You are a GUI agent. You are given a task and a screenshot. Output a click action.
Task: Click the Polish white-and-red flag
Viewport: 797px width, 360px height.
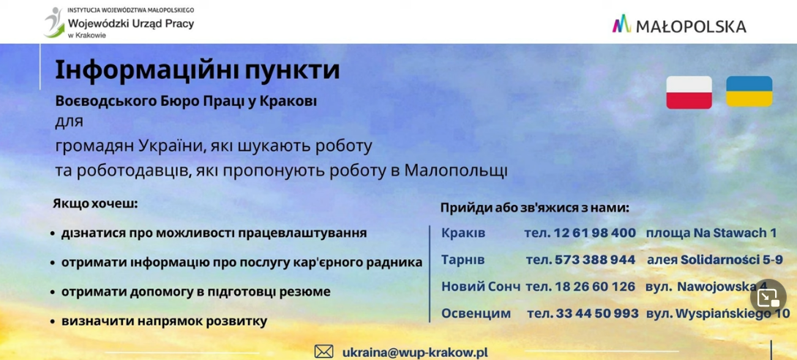click(x=689, y=92)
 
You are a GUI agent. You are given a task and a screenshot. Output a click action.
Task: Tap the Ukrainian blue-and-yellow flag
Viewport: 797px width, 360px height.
click(x=749, y=91)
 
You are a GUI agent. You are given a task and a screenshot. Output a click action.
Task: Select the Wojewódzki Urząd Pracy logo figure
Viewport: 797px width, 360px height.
click(x=53, y=22)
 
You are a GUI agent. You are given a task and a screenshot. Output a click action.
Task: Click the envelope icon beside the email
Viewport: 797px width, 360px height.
click(x=323, y=351)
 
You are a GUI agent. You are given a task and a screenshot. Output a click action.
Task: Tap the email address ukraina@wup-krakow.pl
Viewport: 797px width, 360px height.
click(x=415, y=352)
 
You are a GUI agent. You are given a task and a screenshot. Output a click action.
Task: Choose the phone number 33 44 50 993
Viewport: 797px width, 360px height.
click(x=597, y=313)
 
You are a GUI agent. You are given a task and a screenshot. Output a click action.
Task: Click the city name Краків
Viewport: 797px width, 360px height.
click(x=463, y=233)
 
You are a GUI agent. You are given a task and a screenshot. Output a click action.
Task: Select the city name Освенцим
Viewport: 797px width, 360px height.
click(x=476, y=314)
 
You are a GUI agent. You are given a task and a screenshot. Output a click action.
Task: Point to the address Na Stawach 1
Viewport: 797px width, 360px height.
click(x=735, y=233)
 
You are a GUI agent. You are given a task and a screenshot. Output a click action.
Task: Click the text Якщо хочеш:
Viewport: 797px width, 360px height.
click(x=95, y=204)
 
